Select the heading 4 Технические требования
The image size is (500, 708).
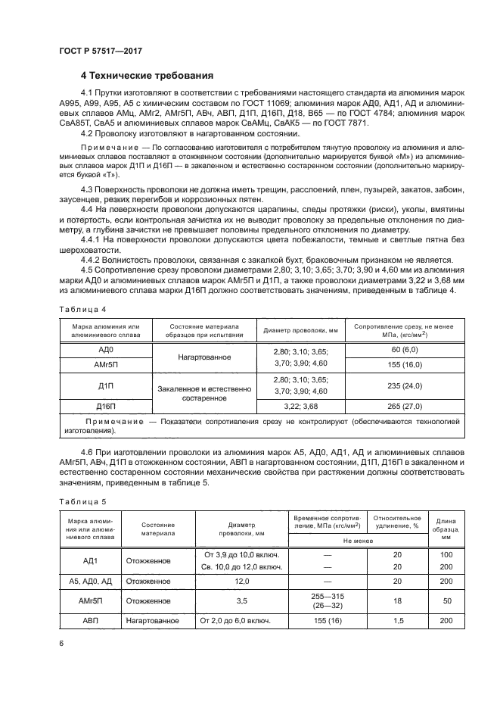147,76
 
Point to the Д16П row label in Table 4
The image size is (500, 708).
106,407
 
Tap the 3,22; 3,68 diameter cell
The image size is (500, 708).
300,407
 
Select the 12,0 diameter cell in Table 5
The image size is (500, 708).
242,582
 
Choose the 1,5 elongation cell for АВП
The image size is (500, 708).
397,621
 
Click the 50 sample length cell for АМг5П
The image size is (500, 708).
446,600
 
